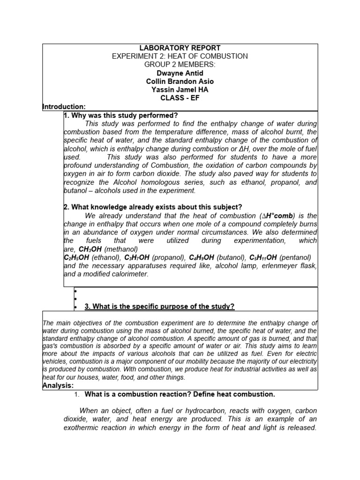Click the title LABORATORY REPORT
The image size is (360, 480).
click(180, 48)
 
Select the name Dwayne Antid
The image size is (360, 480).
click(180, 73)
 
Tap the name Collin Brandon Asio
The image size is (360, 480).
click(180, 81)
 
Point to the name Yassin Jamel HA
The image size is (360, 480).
click(180, 90)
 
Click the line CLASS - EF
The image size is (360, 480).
click(180, 98)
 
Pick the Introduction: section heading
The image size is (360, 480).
click(64, 107)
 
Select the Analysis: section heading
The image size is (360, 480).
click(58, 385)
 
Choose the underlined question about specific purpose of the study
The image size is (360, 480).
click(159, 307)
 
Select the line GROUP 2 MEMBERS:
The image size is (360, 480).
click(180, 64)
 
